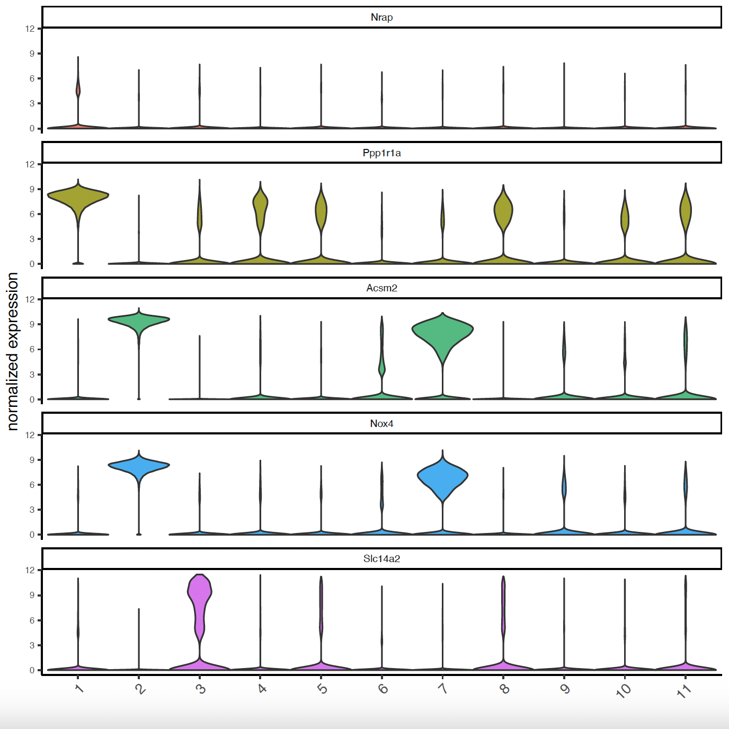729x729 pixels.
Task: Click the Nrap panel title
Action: pos(381,17)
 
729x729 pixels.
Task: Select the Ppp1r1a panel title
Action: pos(381,153)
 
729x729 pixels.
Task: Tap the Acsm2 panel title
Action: pos(381,288)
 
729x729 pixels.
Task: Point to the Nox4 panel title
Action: pos(381,424)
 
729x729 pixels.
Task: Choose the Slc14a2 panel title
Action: pos(381,559)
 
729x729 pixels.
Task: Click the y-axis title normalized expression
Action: pos(13,351)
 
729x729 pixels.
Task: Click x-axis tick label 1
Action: pos(79,688)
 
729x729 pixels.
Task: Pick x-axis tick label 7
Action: pos(443,688)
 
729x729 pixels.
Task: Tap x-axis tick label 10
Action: pos(624,690)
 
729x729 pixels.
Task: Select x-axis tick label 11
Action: pos(684,690)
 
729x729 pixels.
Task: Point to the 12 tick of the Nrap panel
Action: pos(30,29)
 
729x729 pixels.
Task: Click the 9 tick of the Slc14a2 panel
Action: pos(32,595)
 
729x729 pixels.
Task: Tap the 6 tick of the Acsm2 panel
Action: pos(32,349)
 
